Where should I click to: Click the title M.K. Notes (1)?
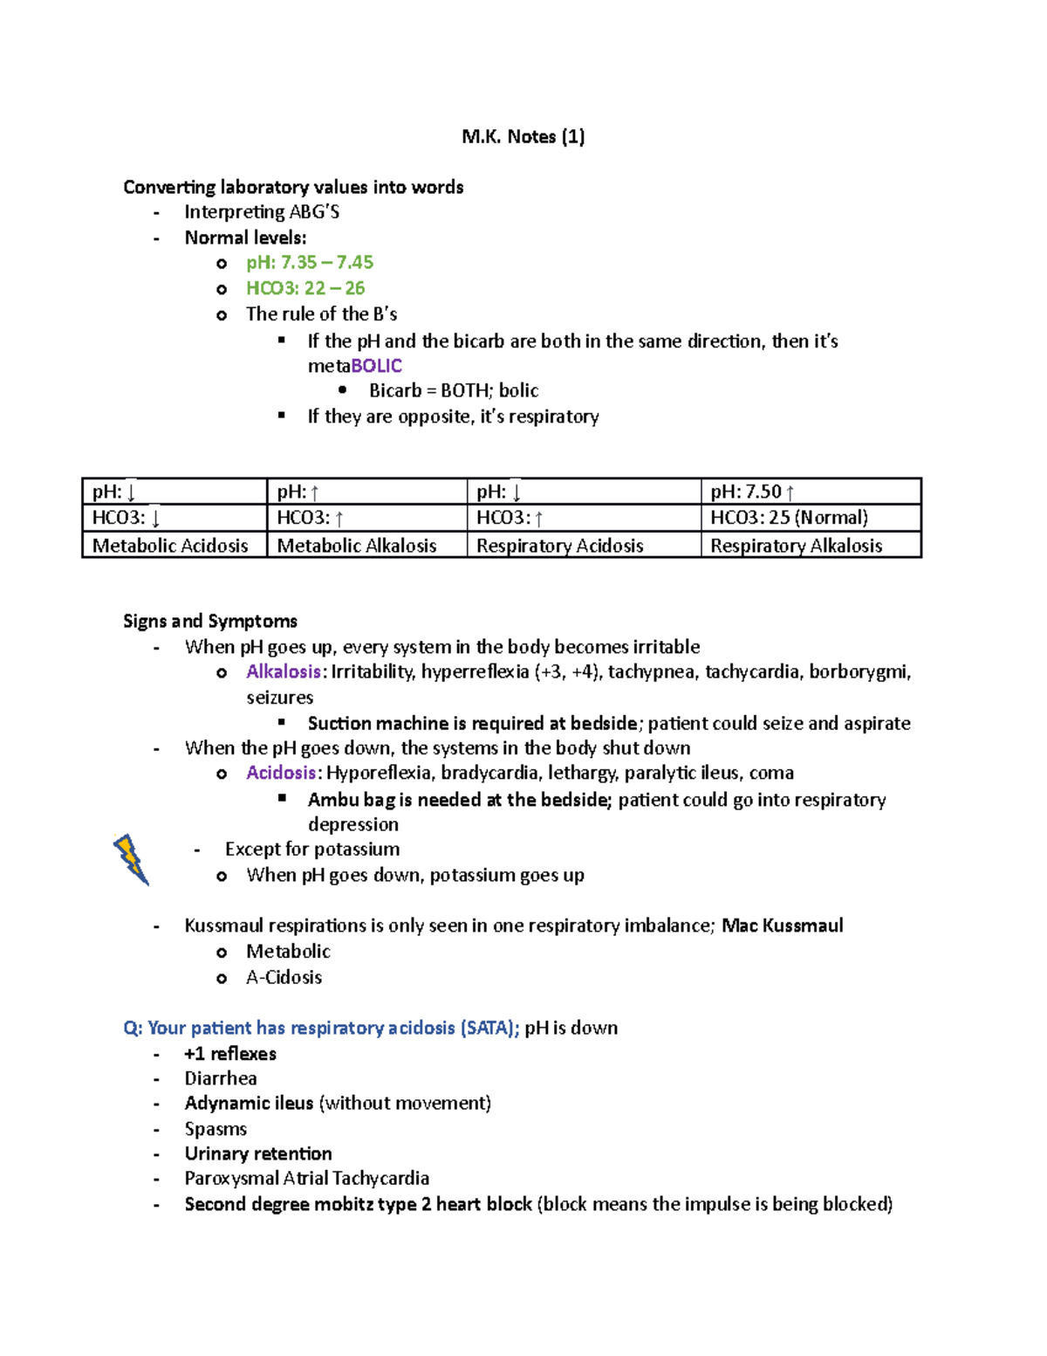tap(523, 136)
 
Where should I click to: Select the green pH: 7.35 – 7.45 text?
tap(309, 262)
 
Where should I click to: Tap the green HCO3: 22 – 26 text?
tap(305, 288)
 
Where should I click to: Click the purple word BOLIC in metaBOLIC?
tap(376, 365)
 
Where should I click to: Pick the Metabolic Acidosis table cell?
tap(171, 546)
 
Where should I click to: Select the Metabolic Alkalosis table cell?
tap(357, 546)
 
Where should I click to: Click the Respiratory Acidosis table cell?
tap(560, 546)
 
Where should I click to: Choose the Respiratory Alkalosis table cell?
tap(796, 546)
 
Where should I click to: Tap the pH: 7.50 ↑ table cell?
tap(752, 492)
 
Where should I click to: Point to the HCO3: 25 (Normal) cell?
tap(789, 518)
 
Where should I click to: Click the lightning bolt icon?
tap(131, 859)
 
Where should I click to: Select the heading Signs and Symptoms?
tap(210, 621)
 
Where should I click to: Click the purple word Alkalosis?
tap(284, 671)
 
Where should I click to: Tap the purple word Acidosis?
tap(281, 773)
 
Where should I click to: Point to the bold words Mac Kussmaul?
tap(782, 926)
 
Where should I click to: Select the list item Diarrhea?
tap(221, 1078)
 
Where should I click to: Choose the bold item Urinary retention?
tap(257, 1153)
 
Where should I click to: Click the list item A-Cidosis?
tap(284, 977)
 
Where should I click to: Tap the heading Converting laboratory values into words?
tap(293, 187)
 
